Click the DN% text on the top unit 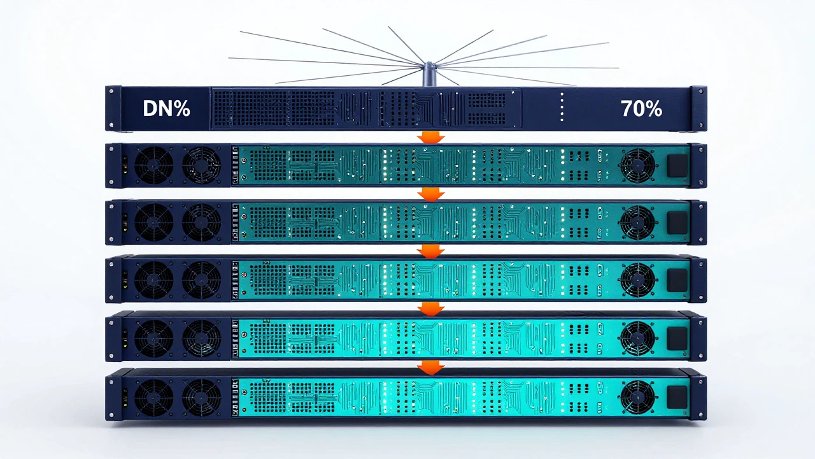click(166, 108)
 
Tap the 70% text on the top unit click(641, 108)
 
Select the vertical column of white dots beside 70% click(562, 106)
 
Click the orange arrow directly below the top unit click(431, 137)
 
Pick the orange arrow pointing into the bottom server click(431, 367)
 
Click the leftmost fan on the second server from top click(154, 165)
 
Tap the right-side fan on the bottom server click(637, 397)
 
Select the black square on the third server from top click(677, 222)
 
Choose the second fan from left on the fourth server click(201, 280)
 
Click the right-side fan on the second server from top click(637, 166)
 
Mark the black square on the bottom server click(677, 397)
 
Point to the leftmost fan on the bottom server click(154, 397)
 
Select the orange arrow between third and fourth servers click(431, 251)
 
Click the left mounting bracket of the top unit click(113, 108)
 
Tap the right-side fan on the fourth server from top click(637, 280)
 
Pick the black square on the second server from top click(677, 166)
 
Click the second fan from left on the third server click(201, 222)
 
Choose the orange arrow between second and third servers click(431, 194)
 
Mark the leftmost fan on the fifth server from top click(154, 339)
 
